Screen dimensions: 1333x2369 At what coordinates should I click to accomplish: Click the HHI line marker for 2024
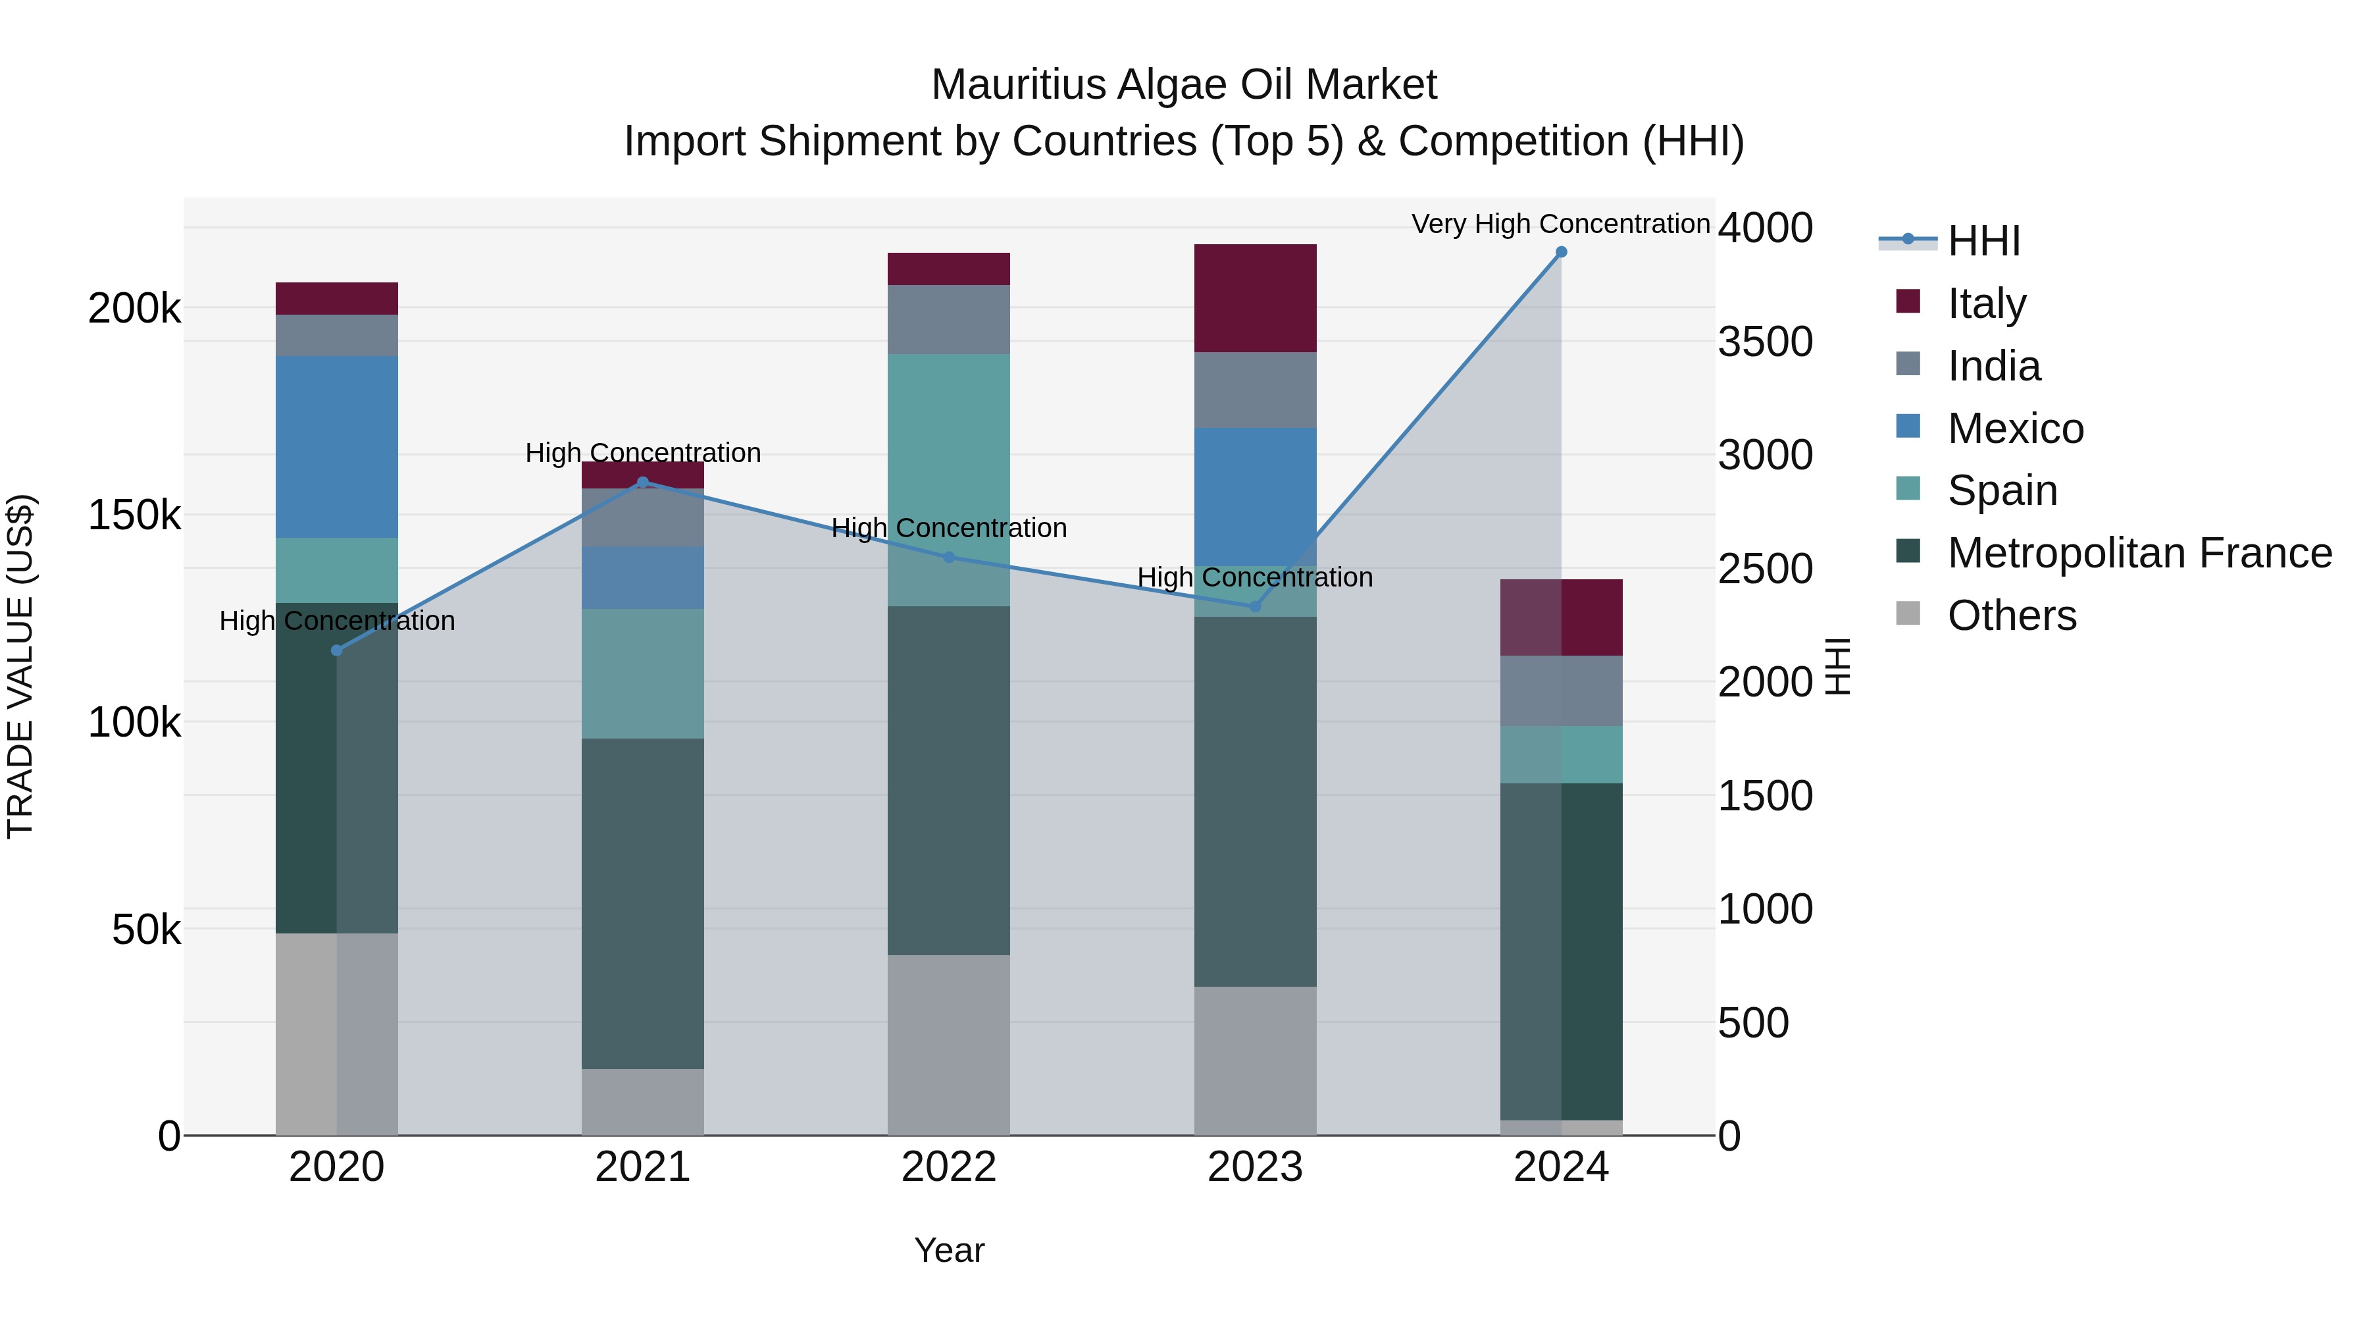(1561, 252)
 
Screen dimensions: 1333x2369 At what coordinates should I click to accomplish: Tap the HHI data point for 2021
(643, 482)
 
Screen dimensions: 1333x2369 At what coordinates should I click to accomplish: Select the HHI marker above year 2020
(336, 650)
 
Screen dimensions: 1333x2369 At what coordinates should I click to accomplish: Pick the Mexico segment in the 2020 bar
(336, 447)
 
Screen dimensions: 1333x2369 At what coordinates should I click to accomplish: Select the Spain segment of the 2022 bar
(948, 479)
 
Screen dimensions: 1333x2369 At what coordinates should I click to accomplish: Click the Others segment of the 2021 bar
(643, 1101)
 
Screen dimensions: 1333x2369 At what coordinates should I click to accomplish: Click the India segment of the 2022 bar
(948, 319)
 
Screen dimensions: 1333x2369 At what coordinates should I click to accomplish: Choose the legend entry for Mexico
(2014, 429)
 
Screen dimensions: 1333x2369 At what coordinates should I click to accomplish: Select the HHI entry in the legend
(1983, 241)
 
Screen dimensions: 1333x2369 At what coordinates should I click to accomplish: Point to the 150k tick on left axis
(134, 515)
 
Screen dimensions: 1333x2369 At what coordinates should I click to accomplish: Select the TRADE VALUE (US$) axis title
(20, 666)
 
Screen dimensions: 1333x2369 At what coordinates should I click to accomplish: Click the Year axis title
(948, 1250)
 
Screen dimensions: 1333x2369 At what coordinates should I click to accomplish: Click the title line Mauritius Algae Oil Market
(1184, 85)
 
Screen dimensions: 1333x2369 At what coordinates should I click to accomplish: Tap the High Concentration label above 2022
(948, 528)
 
